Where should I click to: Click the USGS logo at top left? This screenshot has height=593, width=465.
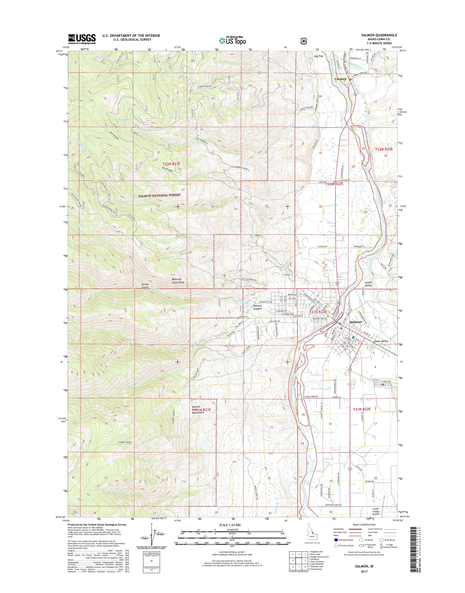82,39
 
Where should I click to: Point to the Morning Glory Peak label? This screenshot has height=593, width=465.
178,281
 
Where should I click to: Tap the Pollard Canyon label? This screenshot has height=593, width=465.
256,307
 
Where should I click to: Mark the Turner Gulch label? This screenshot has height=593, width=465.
144,286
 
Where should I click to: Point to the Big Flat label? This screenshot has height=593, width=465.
315,58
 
